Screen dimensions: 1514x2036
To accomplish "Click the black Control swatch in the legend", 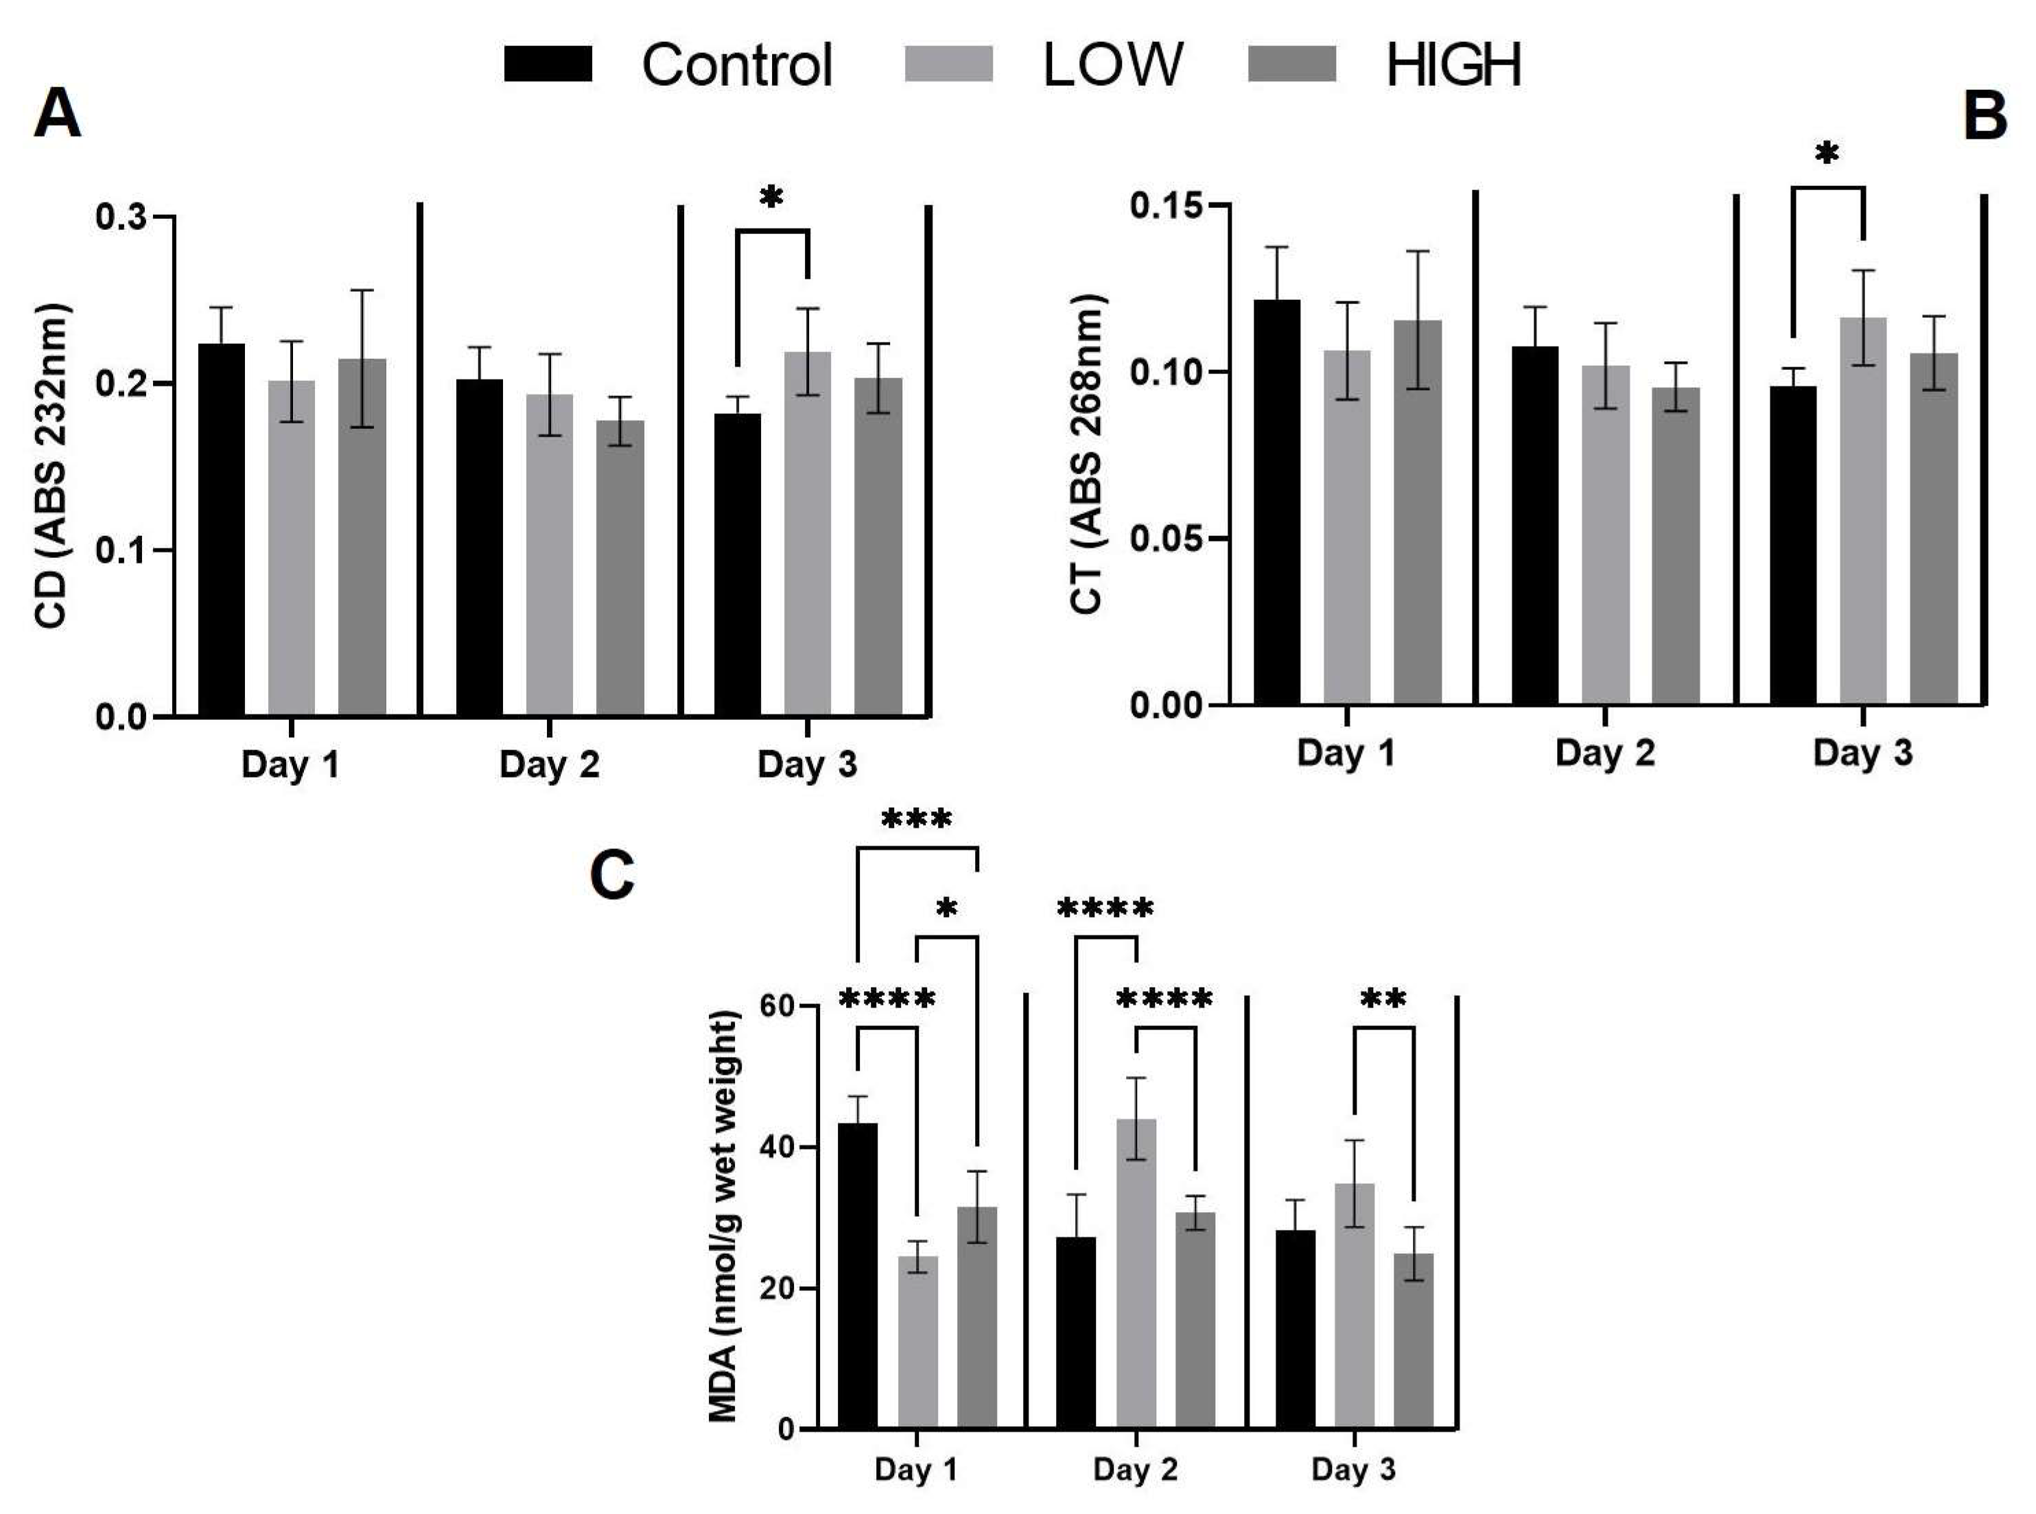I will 547,64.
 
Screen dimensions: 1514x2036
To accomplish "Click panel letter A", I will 57,115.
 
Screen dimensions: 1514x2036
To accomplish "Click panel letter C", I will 612,875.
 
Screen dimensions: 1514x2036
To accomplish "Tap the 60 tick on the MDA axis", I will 777,1005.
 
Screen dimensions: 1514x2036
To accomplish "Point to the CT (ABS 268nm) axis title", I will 1088,454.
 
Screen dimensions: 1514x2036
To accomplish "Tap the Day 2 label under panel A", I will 549,765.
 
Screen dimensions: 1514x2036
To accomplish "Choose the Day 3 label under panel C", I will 1353,1469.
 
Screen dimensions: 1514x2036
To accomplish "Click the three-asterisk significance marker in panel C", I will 916,818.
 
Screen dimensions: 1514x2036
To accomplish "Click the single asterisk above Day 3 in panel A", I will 771,196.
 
